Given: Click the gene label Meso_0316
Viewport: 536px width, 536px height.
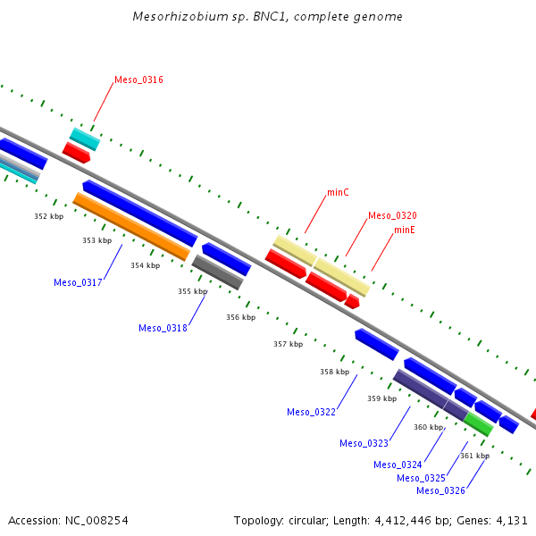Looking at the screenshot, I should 138,80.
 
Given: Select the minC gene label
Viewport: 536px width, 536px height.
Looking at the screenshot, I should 338,193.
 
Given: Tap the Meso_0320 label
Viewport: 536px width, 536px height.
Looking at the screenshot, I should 392,216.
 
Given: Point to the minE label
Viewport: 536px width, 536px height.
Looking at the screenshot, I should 405,230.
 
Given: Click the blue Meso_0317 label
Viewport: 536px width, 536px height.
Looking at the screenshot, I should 78,283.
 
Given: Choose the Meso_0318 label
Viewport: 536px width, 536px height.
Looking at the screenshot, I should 163,329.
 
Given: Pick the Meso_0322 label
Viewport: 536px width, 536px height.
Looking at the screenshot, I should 311,413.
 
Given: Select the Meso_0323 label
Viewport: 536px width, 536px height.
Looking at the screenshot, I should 364,444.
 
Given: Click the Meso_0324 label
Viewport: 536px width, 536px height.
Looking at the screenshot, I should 398,465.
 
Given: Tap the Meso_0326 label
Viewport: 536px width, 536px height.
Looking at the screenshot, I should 440,491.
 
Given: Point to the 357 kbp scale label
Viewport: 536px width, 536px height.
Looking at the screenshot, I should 288,344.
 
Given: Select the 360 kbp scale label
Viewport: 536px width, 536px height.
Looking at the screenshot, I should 428,428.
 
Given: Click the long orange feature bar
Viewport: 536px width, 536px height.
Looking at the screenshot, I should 131,227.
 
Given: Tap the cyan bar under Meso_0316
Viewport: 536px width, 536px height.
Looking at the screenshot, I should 85,138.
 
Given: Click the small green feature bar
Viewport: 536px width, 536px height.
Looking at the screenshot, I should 478,424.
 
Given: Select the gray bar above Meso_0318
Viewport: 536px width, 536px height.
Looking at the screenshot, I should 218,272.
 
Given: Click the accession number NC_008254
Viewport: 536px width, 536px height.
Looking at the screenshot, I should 95,520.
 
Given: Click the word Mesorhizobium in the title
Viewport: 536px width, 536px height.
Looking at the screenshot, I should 175,17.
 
